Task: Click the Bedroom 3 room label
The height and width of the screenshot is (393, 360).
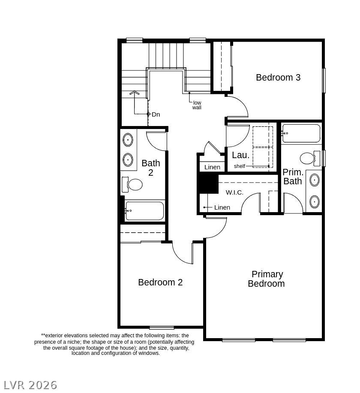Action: click(x=278, y=78)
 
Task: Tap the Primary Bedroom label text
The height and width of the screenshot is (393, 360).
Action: click(x=267, y=279)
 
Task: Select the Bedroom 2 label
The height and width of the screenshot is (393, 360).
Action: click(x=160, y=282)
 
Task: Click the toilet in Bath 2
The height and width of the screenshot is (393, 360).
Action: click(x=132, y=184)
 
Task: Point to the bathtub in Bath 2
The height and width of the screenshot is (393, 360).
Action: click(x=144, y=211)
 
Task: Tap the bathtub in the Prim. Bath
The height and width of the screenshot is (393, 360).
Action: click(x=301, y=133)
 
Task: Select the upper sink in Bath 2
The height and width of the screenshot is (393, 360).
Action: click(x=128, y=140)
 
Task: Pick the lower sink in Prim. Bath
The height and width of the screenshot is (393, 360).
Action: click(x=315, y=202)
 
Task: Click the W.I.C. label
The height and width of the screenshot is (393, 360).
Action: click(x=234, y=192)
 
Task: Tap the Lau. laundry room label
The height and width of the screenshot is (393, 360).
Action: click(x=241, y=155)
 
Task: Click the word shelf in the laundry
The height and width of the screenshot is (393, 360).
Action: click(x=240, y=166)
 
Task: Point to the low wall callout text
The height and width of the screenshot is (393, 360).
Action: click(x=197, y=105)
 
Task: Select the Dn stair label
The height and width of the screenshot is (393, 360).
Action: click(x=156, y=114)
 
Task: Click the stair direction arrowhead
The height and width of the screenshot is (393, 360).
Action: click(x=135, y=93)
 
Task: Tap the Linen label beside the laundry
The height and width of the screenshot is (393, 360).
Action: click(x=212, y=167)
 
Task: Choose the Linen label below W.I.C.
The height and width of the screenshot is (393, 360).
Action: click(x=222, y=207)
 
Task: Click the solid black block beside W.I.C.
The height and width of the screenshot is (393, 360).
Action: click(x=209, y=183)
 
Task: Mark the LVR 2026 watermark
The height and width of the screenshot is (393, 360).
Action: click(x=31, y=385)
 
